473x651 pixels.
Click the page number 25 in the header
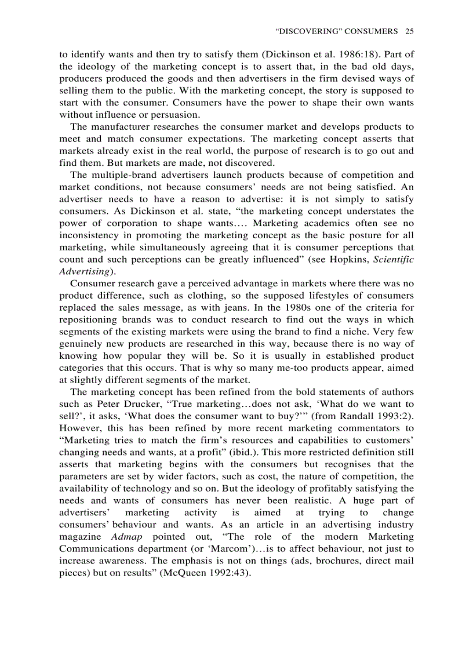(x=409, y=30)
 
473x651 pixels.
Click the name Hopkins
(x=348, y=260)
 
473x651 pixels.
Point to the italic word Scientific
(x=394, y=260)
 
